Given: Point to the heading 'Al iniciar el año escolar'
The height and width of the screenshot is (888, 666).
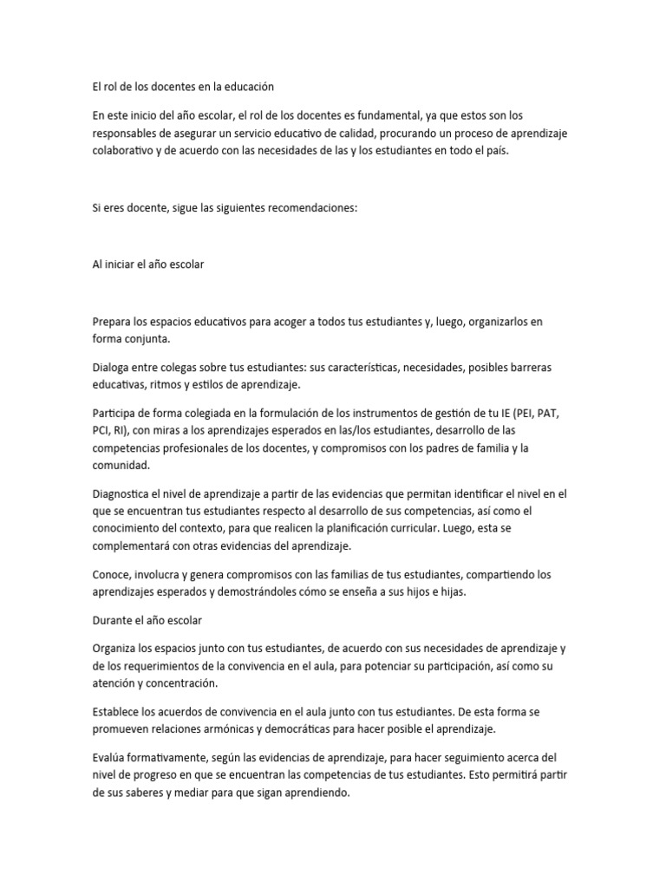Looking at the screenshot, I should (x=148, y=264).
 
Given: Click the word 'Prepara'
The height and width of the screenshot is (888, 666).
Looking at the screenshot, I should (x=113, y=322).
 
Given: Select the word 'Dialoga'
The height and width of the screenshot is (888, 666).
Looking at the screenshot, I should (x=112, y=368).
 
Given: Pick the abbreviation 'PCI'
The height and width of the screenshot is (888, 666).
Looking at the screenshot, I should (x=102, y=431).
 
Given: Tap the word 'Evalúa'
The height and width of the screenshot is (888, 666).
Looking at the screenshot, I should (x=109, y=758).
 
